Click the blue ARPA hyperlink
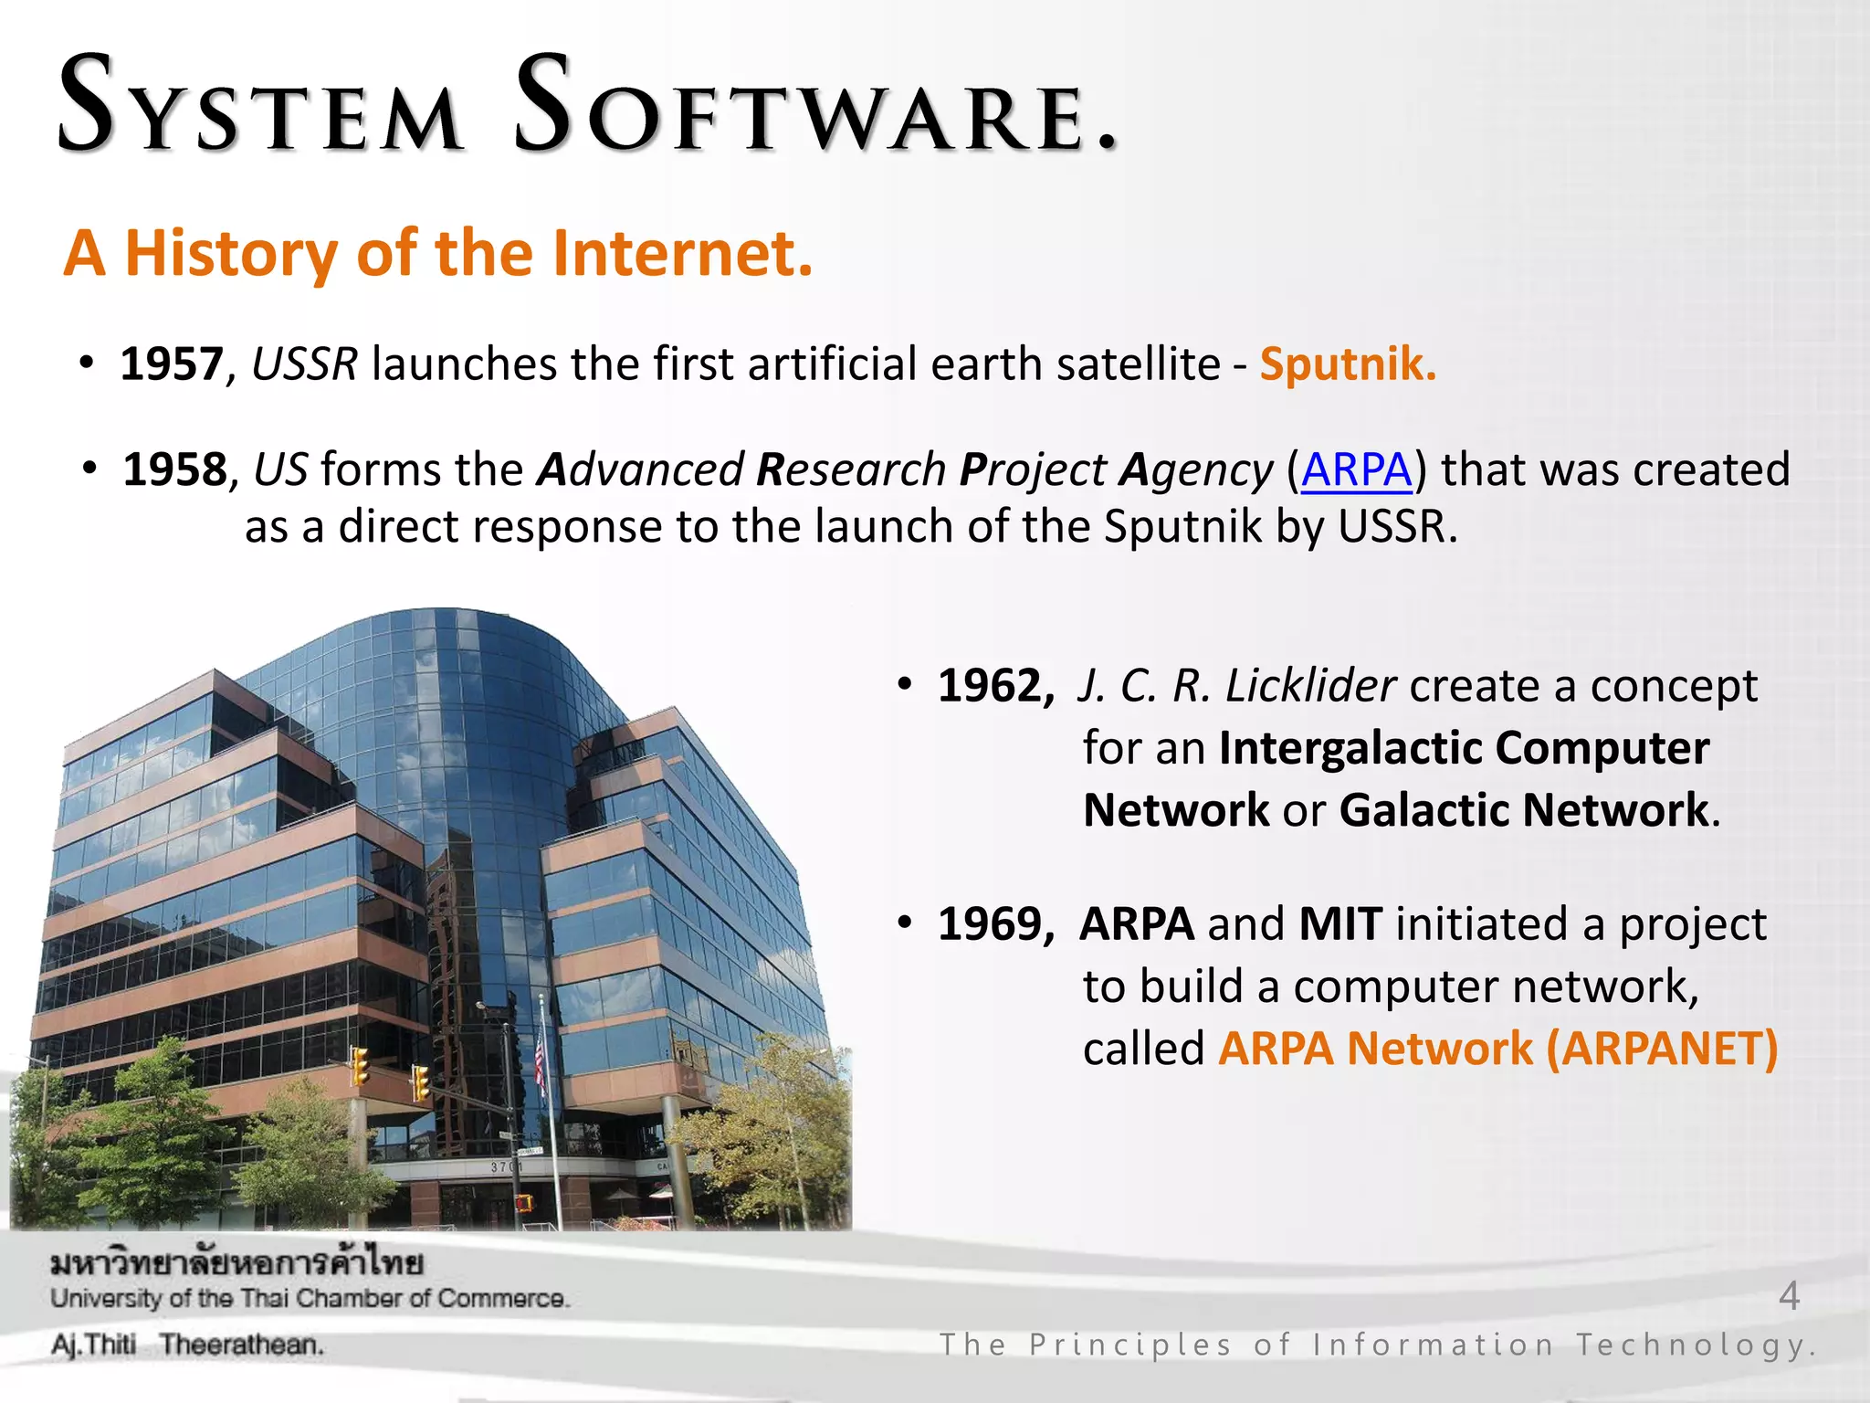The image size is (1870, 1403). (x=1356, y=470)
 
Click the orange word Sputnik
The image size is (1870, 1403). (x=1347, y=364)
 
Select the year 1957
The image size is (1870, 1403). (x=172, y=364)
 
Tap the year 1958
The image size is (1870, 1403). (x=174, y=470)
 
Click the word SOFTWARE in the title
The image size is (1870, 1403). (x=813, y=108)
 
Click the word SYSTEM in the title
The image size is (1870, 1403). (x=260, y=108)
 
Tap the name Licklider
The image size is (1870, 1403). (x=1309, y=686)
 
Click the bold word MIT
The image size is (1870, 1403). (x=1339, y=924)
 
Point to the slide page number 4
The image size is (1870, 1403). (x=1789, y=1296)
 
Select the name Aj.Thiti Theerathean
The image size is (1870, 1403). (x=187, y=1345)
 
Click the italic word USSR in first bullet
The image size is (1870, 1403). (x=304, y=364)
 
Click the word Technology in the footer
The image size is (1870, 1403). (x=1695, y=1345)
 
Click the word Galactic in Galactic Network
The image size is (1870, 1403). (x=1424, y=810)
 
